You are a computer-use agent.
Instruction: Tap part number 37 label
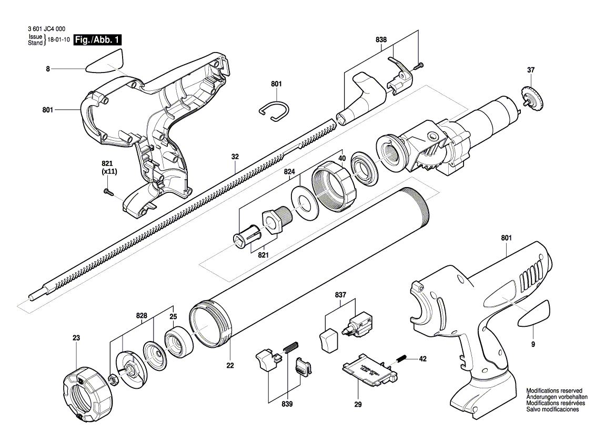[531, 70]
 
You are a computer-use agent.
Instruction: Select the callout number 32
[235, 157]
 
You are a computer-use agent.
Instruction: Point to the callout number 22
[230, 366]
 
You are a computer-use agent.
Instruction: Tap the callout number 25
[173, 306]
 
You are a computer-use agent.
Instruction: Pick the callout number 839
[287, 404]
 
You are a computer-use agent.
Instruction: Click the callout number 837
[340, 295]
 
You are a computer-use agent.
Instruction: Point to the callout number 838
[381, 39]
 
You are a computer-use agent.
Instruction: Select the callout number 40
[342, 159]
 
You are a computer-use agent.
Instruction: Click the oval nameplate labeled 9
[535, 313]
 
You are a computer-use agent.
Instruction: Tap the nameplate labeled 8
[104, 61]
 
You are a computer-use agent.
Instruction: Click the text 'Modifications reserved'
[554, 390]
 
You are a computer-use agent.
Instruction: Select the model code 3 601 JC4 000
[47, 28]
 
